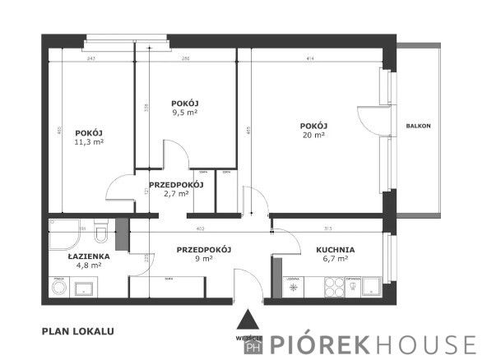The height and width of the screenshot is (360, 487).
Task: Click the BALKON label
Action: pyautogui.click(x=419, y=126)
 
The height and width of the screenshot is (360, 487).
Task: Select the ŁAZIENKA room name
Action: pyautogui.click(x=85, y=256)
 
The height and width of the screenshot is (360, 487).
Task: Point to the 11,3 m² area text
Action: pyautogui.click(x=89, y=142)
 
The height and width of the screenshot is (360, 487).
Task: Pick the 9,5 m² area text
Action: pyautogui.click(x=185, y=113)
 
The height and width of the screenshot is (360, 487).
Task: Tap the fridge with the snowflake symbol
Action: pyautogui.click(x=295, y=287)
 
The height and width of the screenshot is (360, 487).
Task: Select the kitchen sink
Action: pyautogui.click(x=369, y=286)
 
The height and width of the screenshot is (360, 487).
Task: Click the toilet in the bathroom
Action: pyautogui.click(x=100, y=235)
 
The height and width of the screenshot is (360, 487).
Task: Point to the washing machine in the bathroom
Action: pyautogui.click(x=59, y=287)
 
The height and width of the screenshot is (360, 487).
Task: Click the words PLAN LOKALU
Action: pyautogui.click(x=77, y=332)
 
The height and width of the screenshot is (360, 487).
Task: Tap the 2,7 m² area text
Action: pyautogui.click(x=176, y=195)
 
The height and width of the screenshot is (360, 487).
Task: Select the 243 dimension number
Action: pyautogui.click(x=90, y=58)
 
